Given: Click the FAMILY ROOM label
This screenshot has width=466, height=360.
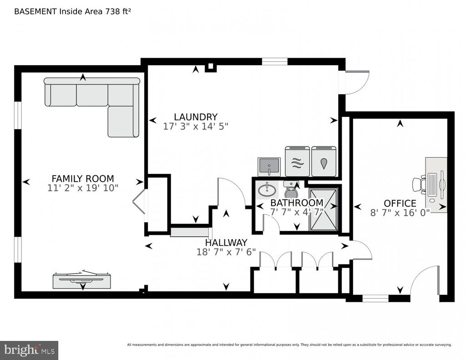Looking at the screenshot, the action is [x=83, y=179].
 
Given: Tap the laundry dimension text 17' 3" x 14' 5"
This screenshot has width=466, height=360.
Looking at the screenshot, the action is [x=196, y=127].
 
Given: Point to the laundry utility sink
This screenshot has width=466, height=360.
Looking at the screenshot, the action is [x=269, y=167].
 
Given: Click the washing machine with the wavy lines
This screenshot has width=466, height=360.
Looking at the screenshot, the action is [x=298, y=161].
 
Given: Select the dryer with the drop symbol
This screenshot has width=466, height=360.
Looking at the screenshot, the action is [x=324, y=161].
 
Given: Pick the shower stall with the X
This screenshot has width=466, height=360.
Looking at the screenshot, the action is [x=323, y=209].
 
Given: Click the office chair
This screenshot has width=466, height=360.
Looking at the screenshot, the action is [x=419, y=184].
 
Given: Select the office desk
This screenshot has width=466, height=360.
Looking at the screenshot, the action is [x=436, y=185].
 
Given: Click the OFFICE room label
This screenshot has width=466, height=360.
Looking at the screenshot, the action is [x=400, y=203].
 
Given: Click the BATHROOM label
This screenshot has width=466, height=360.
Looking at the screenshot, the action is [x=297, y=203].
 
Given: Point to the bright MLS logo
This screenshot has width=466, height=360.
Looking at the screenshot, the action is [x=29, y=350].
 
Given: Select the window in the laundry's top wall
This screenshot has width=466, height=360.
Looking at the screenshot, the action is [x=274, y=61].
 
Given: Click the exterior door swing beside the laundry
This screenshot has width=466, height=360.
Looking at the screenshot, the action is [x=357, y=83].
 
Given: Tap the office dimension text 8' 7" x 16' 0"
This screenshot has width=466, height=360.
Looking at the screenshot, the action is [x=400, y=213].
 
